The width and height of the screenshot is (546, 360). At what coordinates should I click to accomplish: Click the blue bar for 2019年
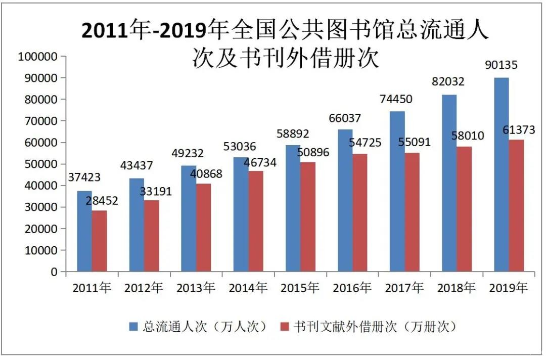501,174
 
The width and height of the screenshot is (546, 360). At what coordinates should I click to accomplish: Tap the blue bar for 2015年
293,208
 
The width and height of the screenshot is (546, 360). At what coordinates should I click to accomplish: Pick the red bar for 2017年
412,212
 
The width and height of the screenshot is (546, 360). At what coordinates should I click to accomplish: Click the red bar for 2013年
204,228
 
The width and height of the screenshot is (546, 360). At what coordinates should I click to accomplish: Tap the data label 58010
468,136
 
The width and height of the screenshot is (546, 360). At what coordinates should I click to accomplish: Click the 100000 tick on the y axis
38,57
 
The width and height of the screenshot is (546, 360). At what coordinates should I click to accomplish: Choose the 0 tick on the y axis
54,272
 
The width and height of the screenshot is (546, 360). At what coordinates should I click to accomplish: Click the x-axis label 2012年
144,288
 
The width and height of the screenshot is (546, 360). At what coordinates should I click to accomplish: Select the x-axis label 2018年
457,288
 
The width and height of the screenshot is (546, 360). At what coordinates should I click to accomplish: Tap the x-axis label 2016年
352,288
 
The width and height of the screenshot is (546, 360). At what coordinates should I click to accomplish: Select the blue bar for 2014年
241,214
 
